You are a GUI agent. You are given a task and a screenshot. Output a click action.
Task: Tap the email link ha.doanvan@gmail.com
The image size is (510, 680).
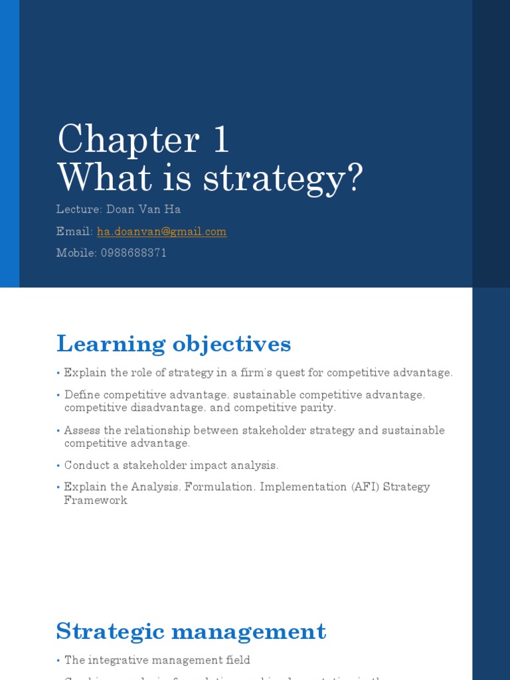click(x=161, y=232)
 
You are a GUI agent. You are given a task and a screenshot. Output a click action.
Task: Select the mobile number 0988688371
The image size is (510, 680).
click(x=133, y=253)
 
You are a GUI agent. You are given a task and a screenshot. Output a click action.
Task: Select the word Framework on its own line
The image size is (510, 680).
click(x=95, y=500)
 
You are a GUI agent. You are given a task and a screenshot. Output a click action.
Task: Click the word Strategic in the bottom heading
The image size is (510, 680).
click(x=110, y=631)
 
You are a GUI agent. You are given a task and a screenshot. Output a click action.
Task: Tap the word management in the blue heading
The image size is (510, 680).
click(x=248, y=631)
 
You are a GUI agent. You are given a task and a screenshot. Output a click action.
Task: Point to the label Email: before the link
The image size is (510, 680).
click(x=74, y=232)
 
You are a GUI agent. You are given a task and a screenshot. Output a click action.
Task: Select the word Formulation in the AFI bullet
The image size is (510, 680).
click(x=220, y=487)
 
